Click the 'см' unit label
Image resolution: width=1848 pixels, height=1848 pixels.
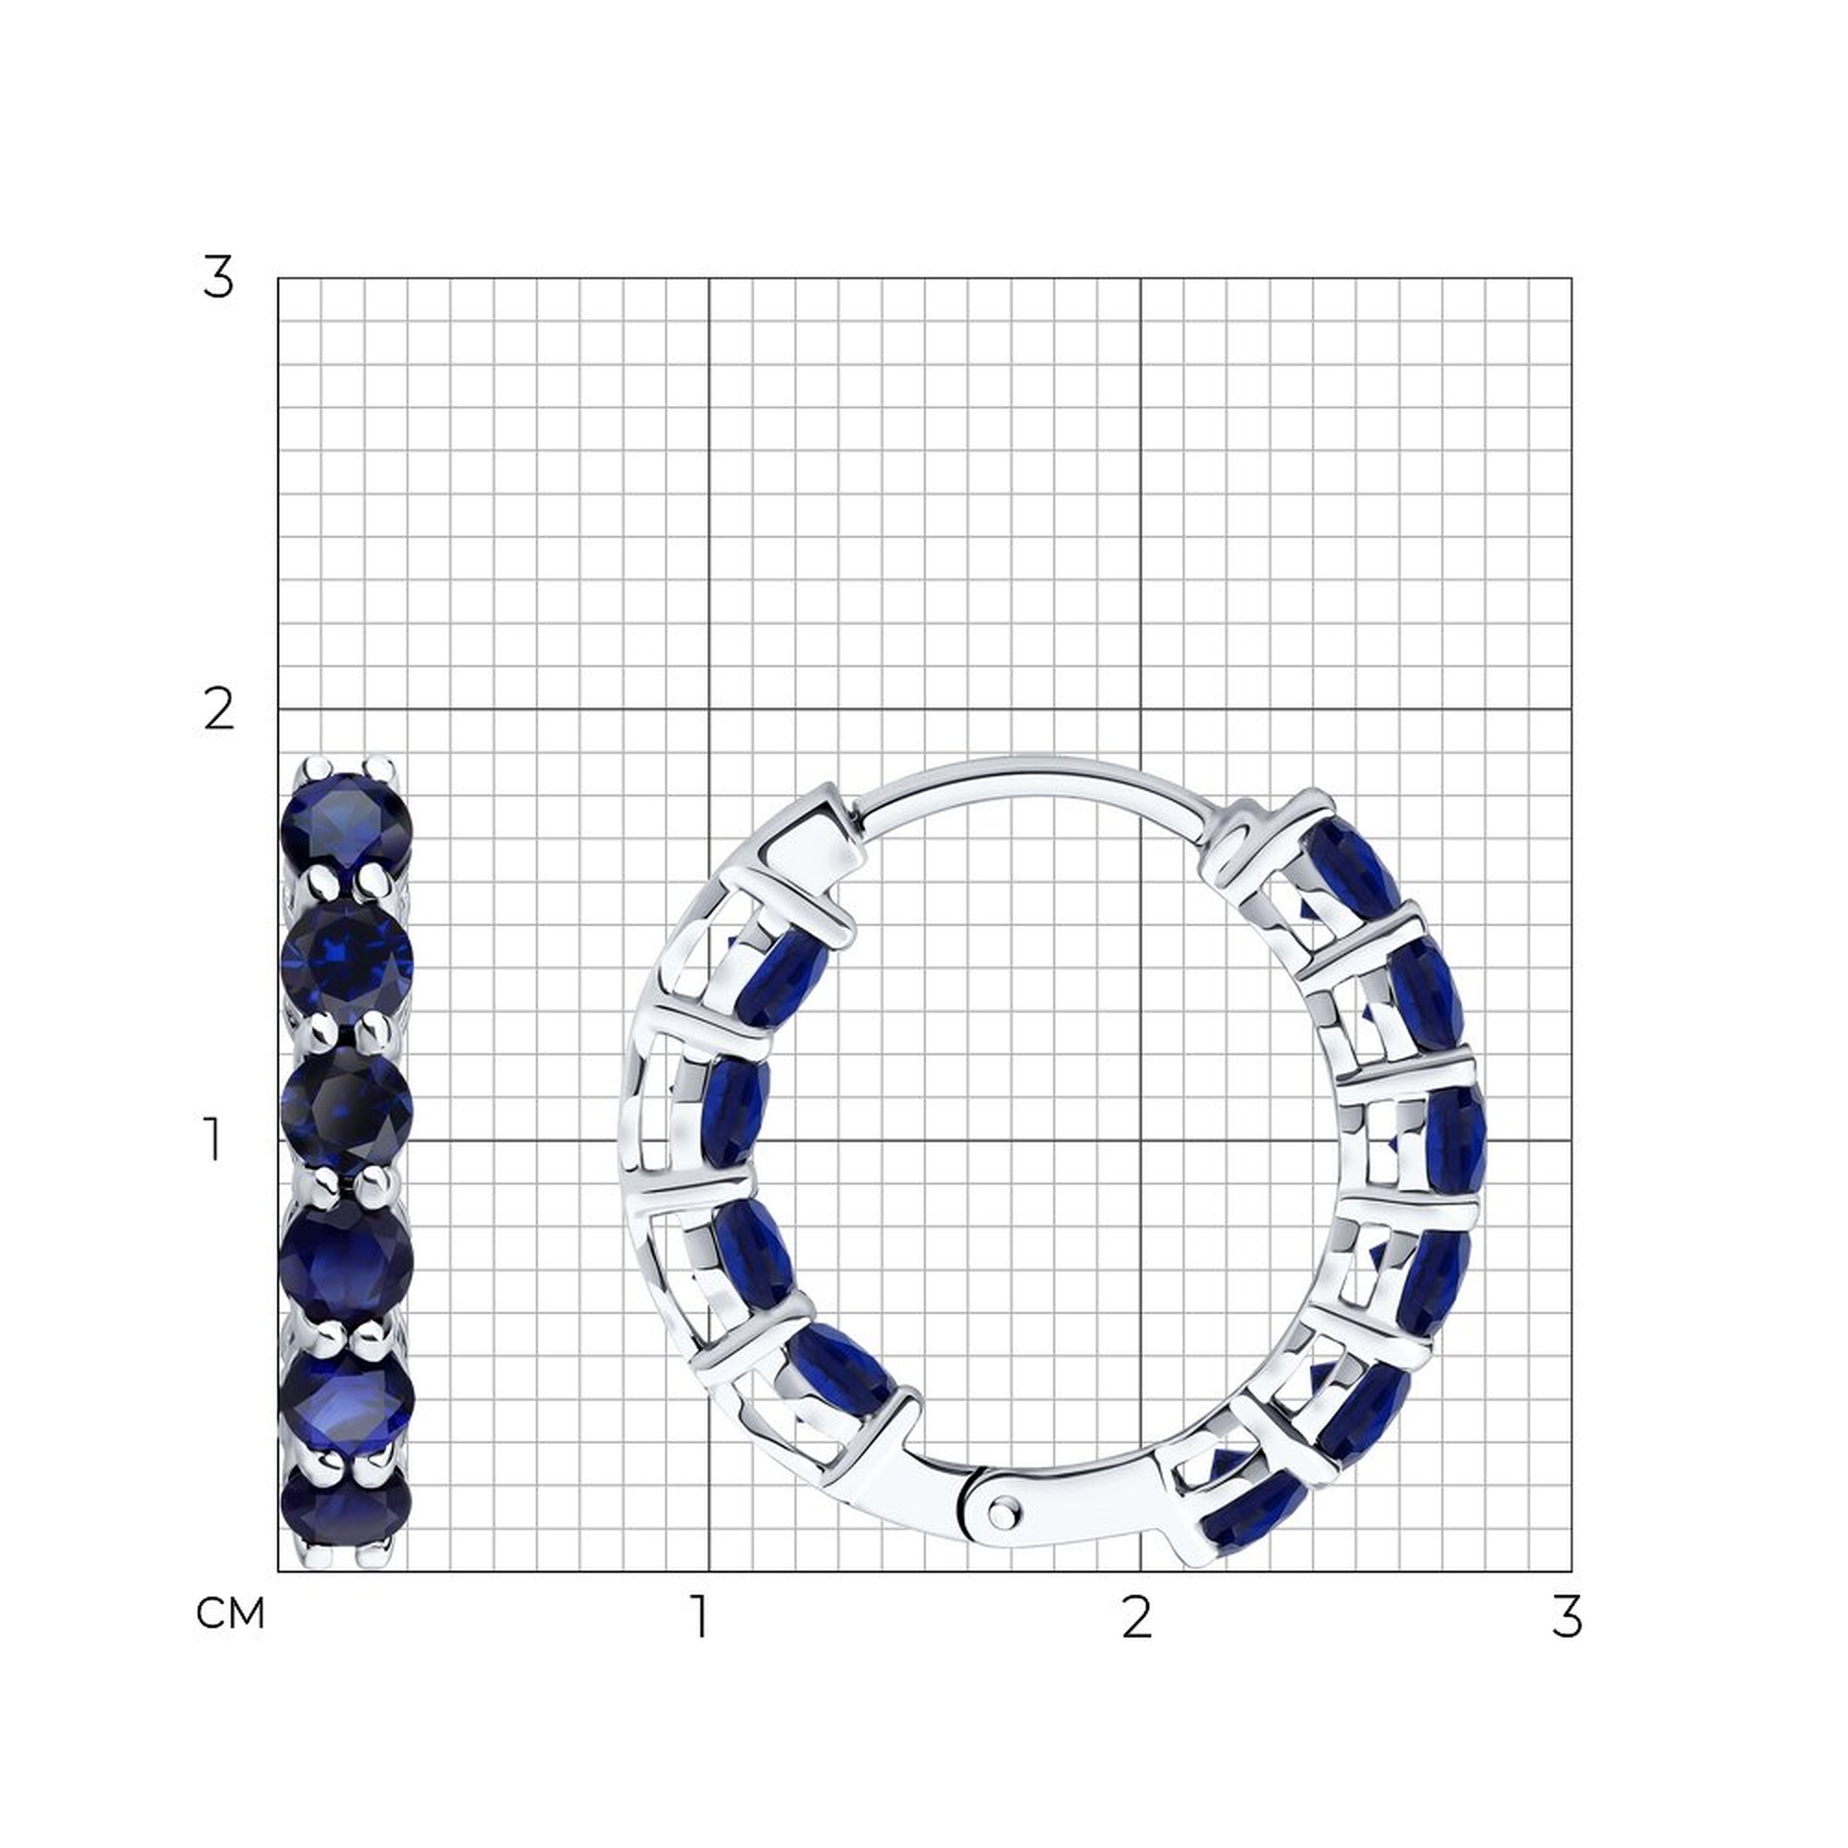(229, 1614)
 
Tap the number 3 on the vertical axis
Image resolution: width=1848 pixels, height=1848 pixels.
(218, 278)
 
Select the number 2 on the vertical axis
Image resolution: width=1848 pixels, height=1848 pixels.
(219, 710)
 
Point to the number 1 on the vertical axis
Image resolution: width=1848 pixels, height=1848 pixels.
(213, 1140)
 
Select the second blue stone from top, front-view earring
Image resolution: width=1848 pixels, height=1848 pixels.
(347, 961)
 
